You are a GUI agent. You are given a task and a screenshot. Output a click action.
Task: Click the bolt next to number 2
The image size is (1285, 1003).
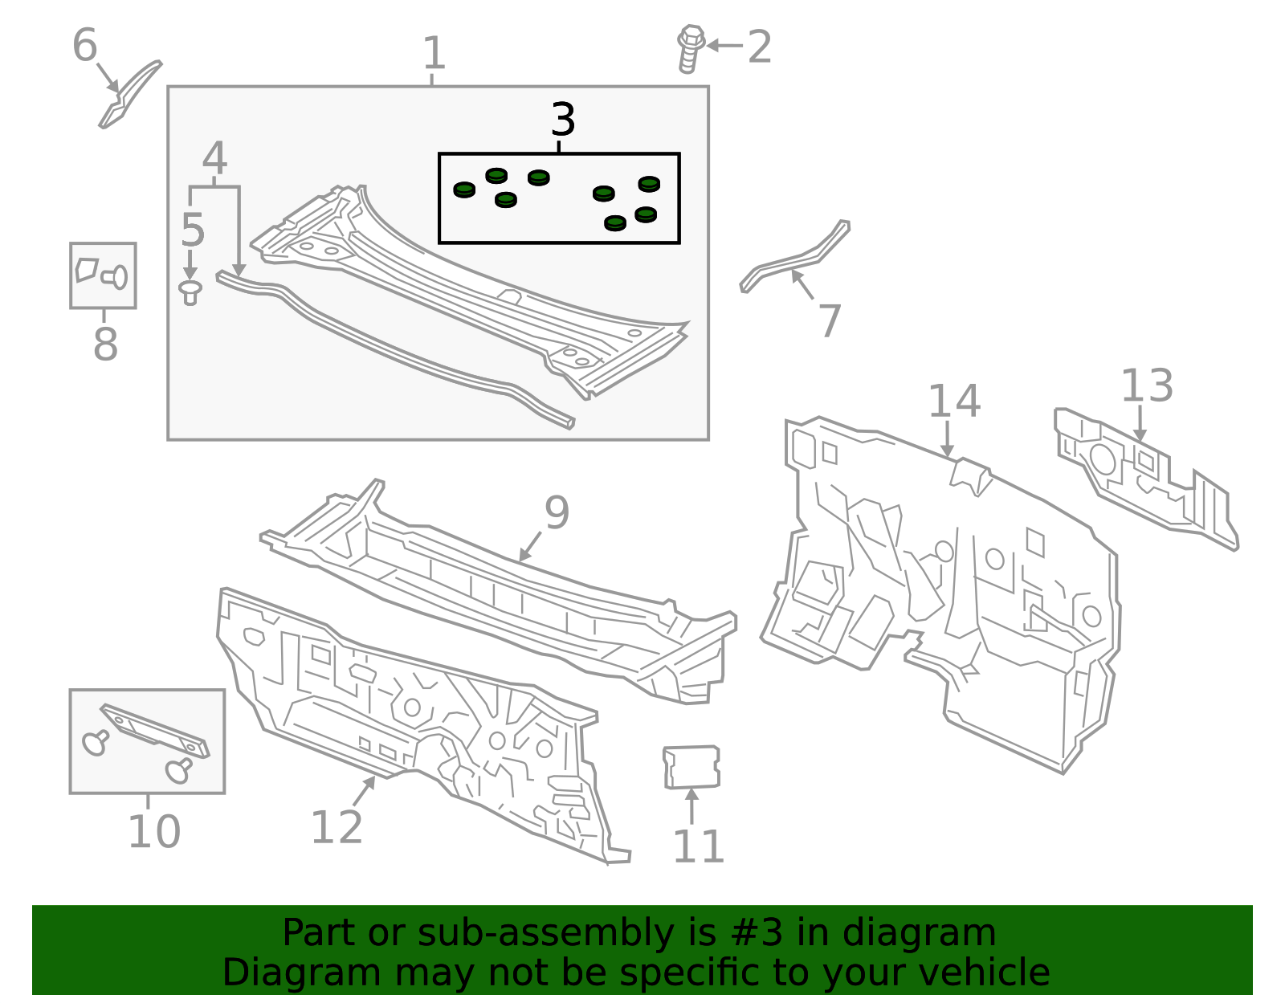(x=690, y=48)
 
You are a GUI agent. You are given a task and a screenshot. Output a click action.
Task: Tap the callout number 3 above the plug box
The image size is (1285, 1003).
(x=562, y=120)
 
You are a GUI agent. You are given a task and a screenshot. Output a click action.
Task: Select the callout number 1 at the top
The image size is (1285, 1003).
(x=434, y=53)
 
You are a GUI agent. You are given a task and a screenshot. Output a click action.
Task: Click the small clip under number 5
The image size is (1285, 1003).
(x=190, y=292)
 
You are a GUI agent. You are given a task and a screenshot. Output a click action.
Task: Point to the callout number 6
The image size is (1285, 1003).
(x=84, y=45)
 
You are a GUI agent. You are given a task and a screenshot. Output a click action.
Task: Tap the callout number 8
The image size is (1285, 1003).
(x=106, y=344)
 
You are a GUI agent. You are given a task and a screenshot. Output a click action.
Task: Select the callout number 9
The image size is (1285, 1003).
(x=557, y=512)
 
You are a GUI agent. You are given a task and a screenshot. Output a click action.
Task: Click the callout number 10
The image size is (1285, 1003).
(x=153, y=832)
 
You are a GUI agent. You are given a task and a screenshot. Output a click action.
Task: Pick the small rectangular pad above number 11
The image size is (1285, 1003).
(x=691, y=767)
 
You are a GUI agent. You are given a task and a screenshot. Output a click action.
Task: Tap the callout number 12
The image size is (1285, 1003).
(x=336, y=827)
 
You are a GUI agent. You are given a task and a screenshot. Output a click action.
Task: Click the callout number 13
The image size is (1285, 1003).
(x=1147, y=385)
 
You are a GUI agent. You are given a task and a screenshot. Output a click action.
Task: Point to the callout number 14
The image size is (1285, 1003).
(x=954, y=401)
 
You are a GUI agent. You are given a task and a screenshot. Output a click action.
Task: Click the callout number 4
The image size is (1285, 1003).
(x=214, y=158)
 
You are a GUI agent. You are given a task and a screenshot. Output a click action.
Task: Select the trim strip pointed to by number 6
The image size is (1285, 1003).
(x=129, y=94)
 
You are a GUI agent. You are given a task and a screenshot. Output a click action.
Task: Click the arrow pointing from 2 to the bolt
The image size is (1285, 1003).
(x=724, y=46)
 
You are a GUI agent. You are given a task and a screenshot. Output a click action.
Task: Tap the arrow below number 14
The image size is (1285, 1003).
(x=948, y=438)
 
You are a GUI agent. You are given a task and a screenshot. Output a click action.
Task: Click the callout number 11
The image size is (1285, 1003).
(x=699, y=846)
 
